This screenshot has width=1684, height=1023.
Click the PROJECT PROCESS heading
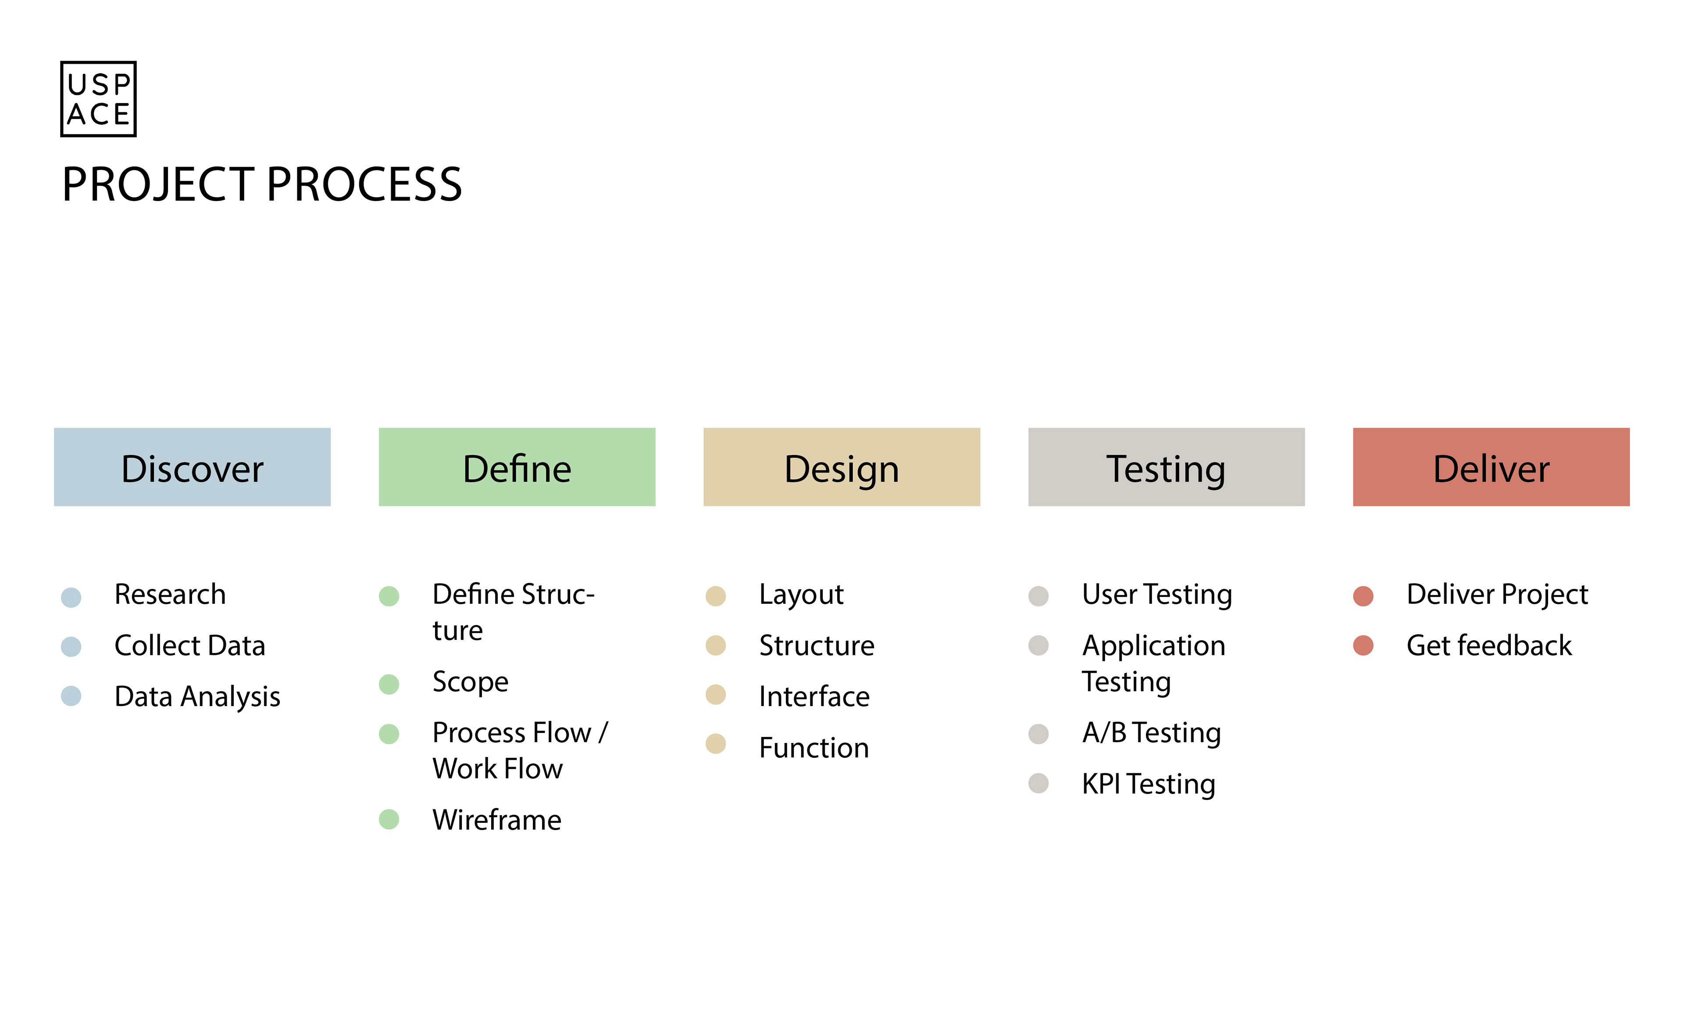[x=262, y=185]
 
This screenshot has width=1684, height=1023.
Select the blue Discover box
[x=192, y=467]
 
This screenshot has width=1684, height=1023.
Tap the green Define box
[x=517, y=467]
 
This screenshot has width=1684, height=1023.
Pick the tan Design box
[x=841, y=467]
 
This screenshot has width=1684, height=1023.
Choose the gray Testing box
[x=1166, y=467]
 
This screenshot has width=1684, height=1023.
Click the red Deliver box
[x=1491, y=467]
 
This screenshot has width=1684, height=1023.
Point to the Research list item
[x=170, y=594]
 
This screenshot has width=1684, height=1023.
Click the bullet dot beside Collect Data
[x=71, y=646]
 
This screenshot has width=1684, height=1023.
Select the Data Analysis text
[x=197, y=697]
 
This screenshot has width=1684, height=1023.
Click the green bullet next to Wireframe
[x=389, y=819]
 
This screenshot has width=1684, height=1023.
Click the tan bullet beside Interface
[x=716, y=695]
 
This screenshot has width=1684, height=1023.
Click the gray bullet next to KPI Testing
[x=1038, y=783]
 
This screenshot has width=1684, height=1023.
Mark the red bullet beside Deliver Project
[x=1363, y=596]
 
